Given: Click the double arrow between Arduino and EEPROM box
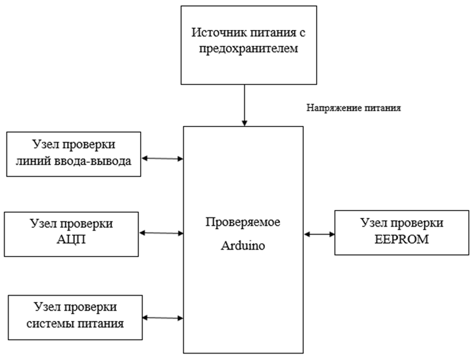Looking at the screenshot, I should pyautogui.click(x=319, y=234).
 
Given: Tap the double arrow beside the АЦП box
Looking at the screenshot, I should pyautogui.click(x=161, y=233).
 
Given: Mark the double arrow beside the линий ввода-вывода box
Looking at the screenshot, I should pyautogui.click(x=163, y=158).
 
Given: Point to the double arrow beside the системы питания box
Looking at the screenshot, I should pyautogui.click(x=163, y=317).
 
